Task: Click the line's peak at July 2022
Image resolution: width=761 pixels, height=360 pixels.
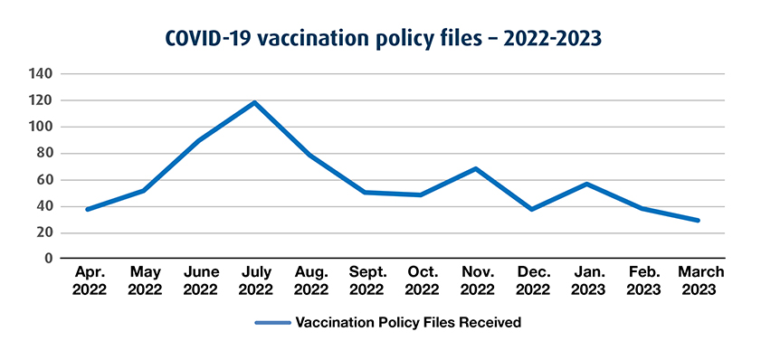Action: pos(254,103)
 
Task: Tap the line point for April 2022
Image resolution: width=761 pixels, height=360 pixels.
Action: pos(88,209)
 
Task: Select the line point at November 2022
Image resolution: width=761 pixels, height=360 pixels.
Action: pos(476,169)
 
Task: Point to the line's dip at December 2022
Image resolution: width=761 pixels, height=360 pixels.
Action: pos(531,209)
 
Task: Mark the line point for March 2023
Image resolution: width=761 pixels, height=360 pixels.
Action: pos(698,220)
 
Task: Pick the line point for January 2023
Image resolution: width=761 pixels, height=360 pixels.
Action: pos(587,185)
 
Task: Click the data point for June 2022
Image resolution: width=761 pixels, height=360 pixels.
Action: pos(199,140)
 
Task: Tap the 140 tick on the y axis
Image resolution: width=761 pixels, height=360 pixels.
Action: pos(42,74)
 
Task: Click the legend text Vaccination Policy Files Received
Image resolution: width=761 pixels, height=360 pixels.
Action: pos(408,322)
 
